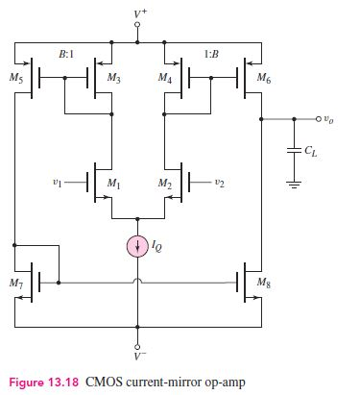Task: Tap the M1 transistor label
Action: pos(114,184)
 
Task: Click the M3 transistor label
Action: pos(114,76)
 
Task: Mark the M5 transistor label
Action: pos(15,76)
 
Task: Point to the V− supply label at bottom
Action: pos(137,358)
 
